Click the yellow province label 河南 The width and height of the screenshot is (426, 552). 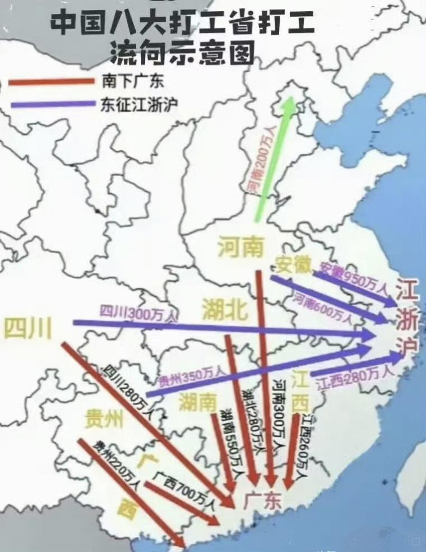(240, 247)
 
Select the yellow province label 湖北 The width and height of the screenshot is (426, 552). (224, 310)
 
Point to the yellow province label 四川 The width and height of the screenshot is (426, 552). (27, 328)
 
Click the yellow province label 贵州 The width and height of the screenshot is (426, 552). (104, 417)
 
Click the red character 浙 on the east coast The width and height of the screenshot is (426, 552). (407, 320)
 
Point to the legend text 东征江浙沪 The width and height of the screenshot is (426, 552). (140, 104)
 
